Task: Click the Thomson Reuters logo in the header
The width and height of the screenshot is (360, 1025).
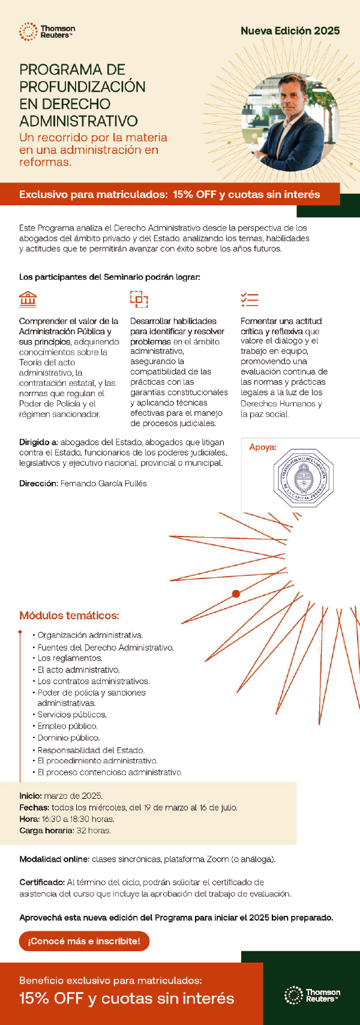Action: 47,32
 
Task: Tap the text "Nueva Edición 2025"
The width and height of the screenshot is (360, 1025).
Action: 290,31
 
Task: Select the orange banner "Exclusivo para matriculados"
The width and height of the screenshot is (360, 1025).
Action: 170,194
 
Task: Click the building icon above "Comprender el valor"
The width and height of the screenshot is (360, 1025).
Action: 28,298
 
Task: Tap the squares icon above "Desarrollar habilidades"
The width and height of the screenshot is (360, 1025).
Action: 139,298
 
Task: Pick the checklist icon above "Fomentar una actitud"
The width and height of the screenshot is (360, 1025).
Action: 249,299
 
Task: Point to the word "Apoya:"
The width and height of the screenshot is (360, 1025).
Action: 263,447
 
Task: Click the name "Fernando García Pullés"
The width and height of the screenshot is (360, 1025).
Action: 103,483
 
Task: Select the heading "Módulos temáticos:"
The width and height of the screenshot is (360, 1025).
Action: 69,615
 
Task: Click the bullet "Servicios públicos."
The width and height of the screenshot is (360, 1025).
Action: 72,715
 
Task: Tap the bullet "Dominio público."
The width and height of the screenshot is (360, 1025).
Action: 68,738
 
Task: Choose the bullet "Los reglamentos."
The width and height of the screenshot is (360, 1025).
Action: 70,658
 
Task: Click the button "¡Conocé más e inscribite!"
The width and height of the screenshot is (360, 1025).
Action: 84,941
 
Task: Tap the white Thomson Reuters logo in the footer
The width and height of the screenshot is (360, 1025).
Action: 312,996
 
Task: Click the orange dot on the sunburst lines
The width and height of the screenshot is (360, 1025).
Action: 236,594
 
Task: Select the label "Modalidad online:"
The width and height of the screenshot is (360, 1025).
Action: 54,859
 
